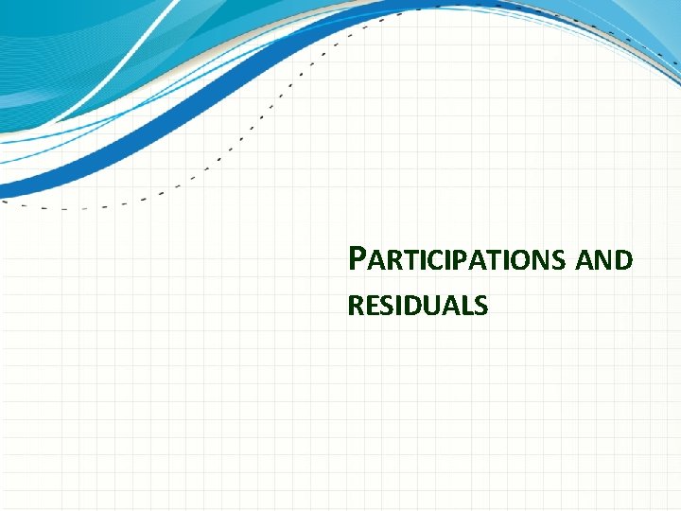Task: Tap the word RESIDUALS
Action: [417, 306]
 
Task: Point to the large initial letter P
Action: [357, 257]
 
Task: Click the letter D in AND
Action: [622, 260]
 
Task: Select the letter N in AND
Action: [603, 260]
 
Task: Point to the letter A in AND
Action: [585, 260]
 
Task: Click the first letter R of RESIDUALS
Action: [356, 306]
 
